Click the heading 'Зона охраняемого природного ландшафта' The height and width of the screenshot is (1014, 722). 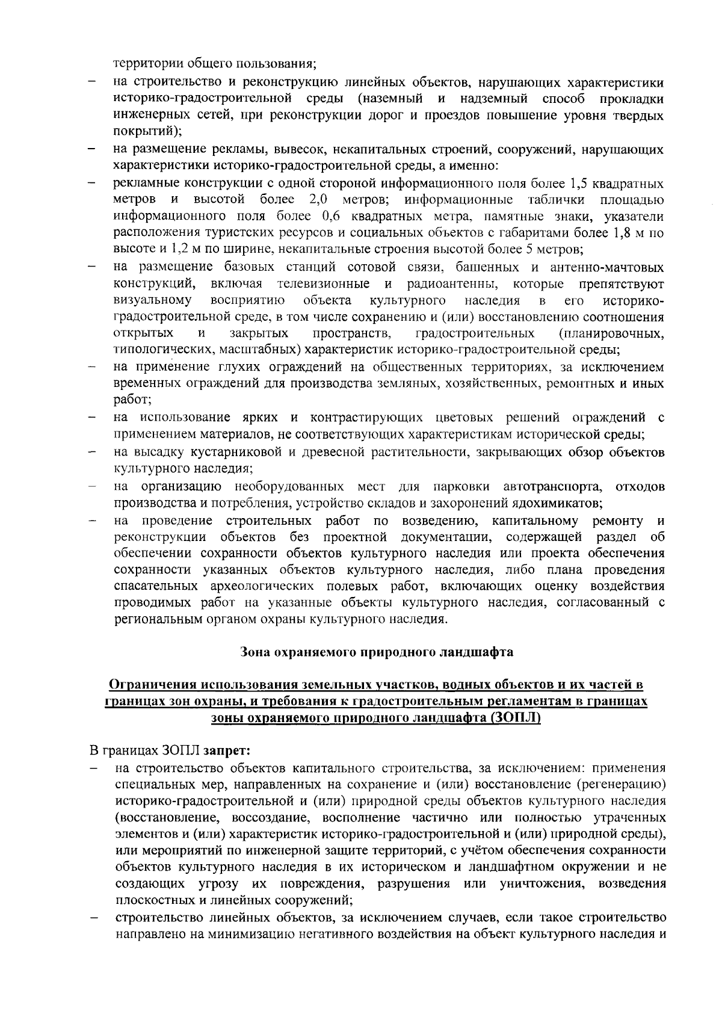click(x=376, y=652)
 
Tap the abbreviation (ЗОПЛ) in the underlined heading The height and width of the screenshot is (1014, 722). click(x=516, y=718)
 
